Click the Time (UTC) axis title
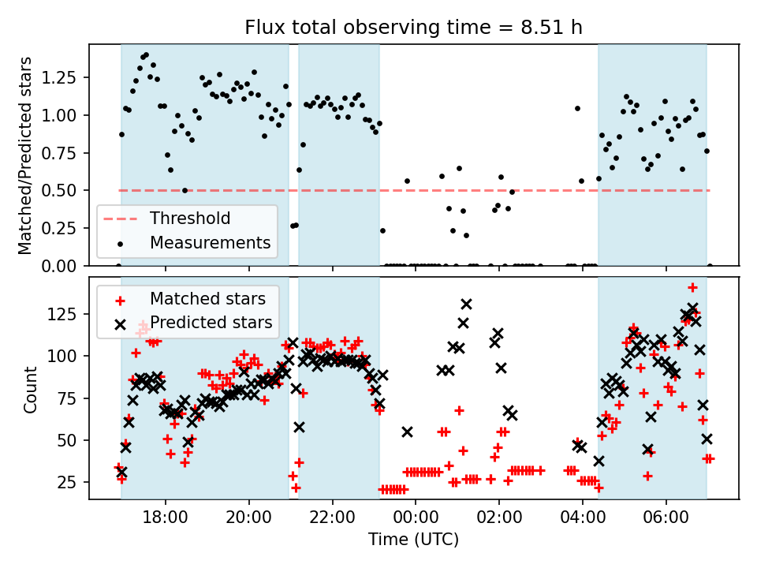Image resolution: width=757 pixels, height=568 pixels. pos(414,540)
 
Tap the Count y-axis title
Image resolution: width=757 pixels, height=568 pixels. pos(31,389)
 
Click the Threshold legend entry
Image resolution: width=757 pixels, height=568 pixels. pos(190,219)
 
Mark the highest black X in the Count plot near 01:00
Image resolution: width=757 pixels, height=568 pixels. pos(466,304)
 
